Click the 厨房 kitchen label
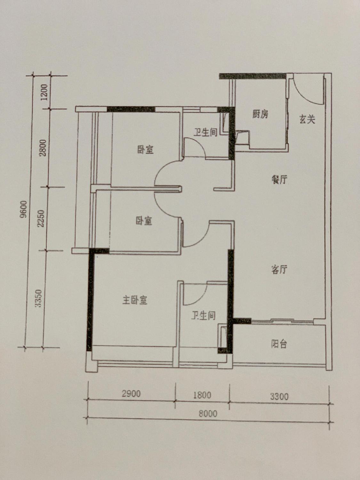[260, 114]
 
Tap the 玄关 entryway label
[307, 119]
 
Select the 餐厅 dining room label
[279, 180]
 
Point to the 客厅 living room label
[279, 270]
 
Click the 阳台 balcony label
[279, 344]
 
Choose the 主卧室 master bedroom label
[135, 300]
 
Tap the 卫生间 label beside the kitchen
[205, 132]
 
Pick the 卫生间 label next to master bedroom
[203, 316]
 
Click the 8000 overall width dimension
[208, 413]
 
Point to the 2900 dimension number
[131, 394]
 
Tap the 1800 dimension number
[202, 395]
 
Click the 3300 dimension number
[279, 396]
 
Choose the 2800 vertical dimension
[43, 148]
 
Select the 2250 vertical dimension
[41, 218]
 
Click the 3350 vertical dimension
[38, 299]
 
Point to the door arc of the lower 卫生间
[201, 298]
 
